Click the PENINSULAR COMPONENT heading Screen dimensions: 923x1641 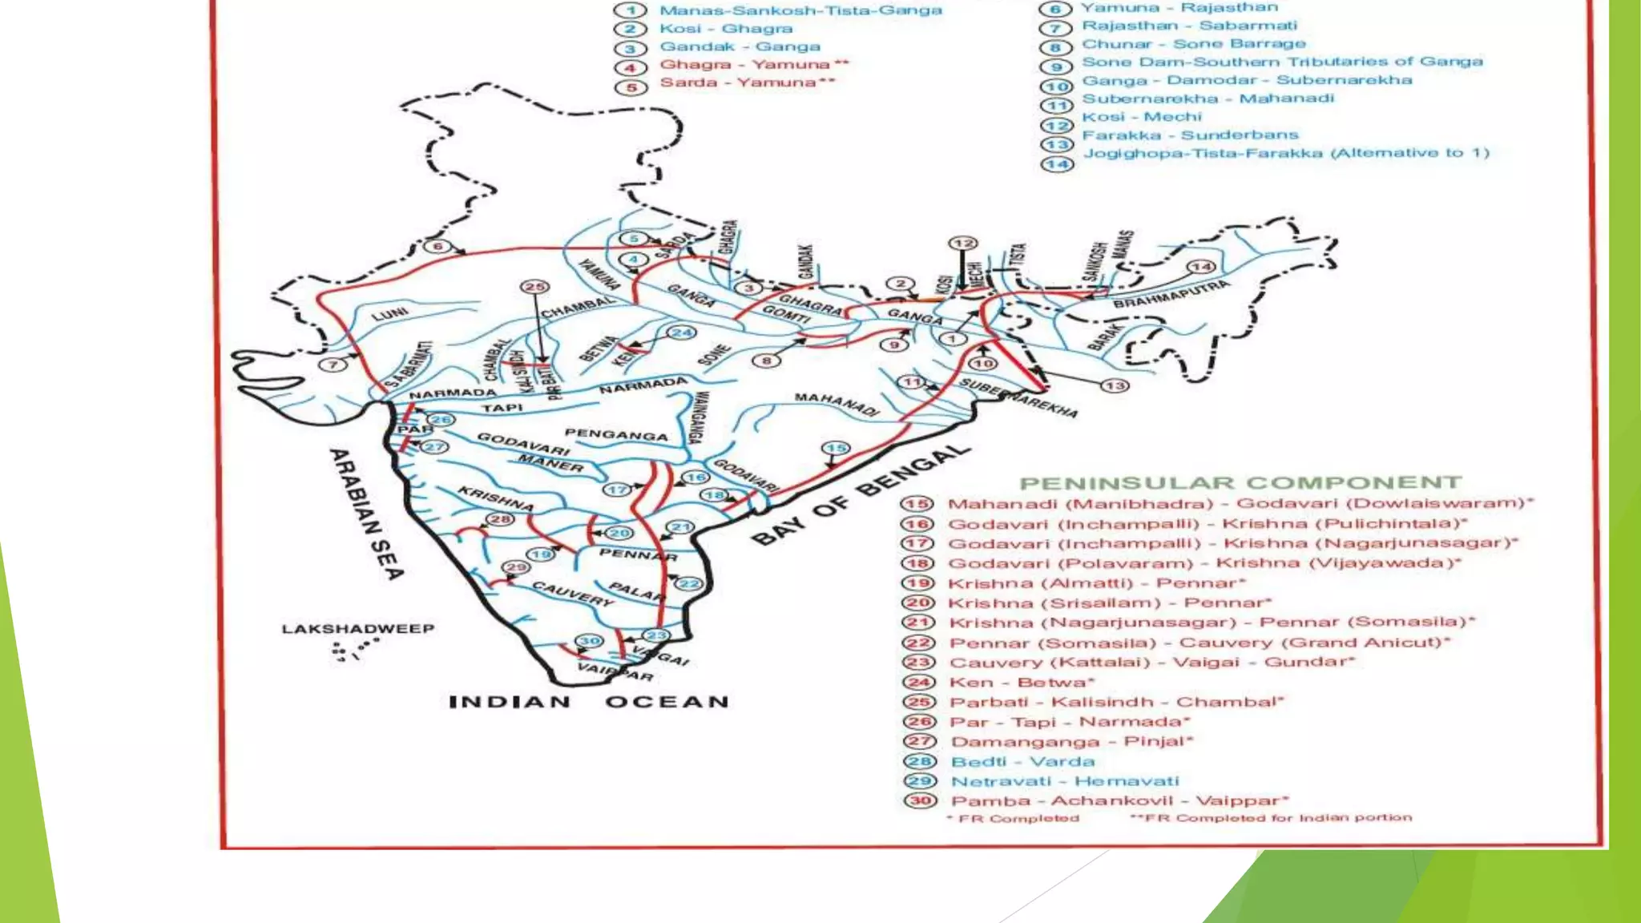[x=1240, y=483]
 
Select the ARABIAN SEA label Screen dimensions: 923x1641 [x=366, y=514]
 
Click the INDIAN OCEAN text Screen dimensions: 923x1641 [x=589, y=703]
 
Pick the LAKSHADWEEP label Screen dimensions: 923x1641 [x=357, y=629]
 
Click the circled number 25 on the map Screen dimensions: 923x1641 [x=534, y=287]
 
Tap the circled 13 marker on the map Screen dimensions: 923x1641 [x=1115, y=386]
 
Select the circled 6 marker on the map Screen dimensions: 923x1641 [x=437, y=246]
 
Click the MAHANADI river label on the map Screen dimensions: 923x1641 [x=836, y=404]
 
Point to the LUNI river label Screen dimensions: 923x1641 [x=389, y=313]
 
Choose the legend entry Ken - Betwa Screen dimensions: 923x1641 [x=1022, y=683]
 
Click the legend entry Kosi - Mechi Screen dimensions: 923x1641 [x=1142, y=117]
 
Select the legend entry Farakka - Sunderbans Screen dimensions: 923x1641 [x=1190, y=135]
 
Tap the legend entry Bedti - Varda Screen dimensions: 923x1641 [x=1022, y=762]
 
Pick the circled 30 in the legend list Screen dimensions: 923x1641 [x=920, y=800]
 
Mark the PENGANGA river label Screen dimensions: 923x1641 [x=615, y=434]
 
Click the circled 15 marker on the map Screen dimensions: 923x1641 [x=836, y=448]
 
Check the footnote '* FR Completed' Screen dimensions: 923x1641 [x=1014, y=818]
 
